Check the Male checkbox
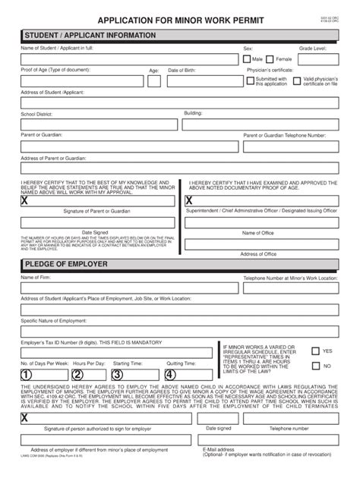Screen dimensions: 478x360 click(247, 58)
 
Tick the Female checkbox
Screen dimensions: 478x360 click(270, 58)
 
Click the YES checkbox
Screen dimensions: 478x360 click(314, 351)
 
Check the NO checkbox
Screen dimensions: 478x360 click(314, 366)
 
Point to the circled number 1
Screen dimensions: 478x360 click(27, 373)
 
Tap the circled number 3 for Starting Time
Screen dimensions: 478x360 click(118, 373)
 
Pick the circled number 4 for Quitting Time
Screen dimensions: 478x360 click(170, 373)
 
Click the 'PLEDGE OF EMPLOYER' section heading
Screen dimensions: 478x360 click(67, 264)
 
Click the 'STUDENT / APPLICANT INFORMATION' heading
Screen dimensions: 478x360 click(90, 36)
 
